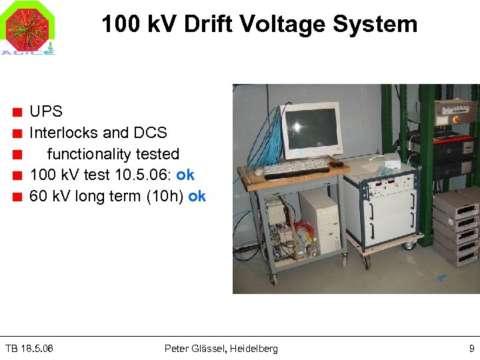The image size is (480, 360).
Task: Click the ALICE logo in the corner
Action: (27, 28)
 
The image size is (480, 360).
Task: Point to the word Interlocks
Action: (63, 133)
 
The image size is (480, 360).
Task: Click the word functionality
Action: (113, 154)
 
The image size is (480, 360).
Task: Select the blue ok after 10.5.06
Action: (185, 175)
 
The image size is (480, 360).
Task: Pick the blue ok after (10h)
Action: (197, 197)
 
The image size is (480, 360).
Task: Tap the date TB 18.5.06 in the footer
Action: (29, 349)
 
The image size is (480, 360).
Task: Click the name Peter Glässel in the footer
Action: (196, 349)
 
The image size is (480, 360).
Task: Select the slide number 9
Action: (471, 349)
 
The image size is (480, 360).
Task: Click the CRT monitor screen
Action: (312, 129)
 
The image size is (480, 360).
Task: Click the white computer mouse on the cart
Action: (338, 164)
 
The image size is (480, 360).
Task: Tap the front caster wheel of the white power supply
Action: (406, 246)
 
